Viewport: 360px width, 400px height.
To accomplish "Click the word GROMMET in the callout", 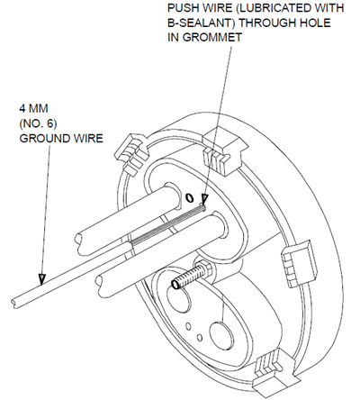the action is [x=212, y=38].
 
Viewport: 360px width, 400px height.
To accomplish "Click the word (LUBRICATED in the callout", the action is [x=273, y=8].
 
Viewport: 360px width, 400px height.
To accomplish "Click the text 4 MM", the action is [x=33, y=108].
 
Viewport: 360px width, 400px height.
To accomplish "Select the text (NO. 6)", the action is [x=38, y=123].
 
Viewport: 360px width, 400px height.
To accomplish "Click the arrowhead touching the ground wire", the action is [x=41, y=279].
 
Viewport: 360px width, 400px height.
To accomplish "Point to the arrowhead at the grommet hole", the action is [x=205, y=199].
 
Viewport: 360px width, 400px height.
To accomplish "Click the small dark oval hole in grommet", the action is [x=189, y=197].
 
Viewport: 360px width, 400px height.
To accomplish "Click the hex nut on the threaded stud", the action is [x=204, y=268].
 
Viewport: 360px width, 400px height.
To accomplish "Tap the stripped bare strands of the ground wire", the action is [x=168, y=224].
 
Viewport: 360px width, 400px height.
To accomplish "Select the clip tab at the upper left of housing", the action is [x=131, y=153].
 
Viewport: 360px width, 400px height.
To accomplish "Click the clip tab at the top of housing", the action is [x=225, y=150].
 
